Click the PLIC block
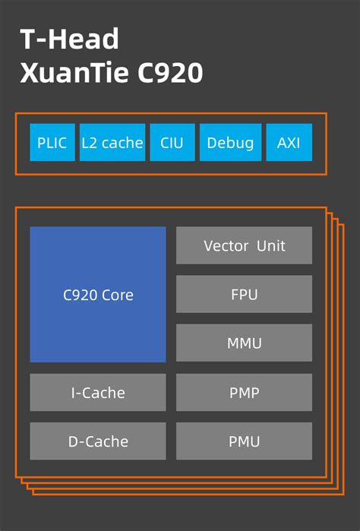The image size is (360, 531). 52,142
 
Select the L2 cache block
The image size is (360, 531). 112,142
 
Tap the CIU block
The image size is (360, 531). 172,142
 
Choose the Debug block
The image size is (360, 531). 231,142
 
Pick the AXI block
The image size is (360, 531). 289,142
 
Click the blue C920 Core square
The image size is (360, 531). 98,295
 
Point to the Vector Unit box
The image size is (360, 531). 244,245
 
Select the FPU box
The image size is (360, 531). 244,294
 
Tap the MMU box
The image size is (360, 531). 244,343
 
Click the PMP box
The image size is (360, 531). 244,393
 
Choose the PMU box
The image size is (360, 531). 244,441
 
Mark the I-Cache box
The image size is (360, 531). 98,393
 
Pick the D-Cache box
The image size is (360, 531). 98,441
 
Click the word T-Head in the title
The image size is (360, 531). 69,39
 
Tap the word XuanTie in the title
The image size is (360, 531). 74,73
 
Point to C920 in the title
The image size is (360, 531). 170,73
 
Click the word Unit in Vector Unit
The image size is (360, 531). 271,246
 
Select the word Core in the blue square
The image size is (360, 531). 118,295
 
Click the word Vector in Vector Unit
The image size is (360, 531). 226,246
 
